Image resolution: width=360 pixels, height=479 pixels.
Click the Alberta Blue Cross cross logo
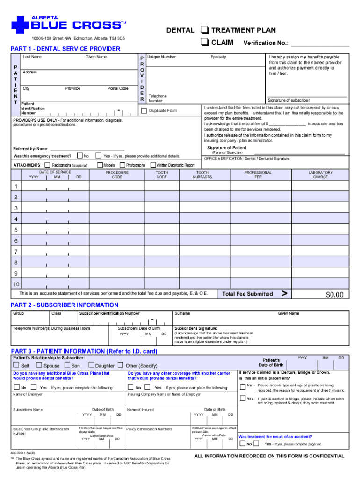pyautogui.click(x=20, y=25)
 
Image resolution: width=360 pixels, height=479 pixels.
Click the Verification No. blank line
pyautogui.click(x=320, y=45)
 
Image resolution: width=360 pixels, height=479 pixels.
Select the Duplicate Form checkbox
pyautogui.click(x=144, y=111)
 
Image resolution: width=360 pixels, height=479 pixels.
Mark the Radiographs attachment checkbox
pyautogui.click(x=47, y=165)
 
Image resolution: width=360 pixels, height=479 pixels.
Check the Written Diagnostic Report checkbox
pyautogui.click(x=152, y=165)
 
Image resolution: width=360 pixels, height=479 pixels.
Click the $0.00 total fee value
pyautogui.click(x=334, y=294)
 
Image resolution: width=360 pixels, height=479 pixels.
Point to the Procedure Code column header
pyautogui.click(x=117, y=174)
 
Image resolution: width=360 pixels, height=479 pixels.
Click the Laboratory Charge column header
pyautogui.click(x=320, y=174)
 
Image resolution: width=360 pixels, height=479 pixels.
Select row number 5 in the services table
pyautogui.click(x=16, y=230)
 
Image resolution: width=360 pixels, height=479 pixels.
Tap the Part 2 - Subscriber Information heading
pyautogui.click(x=65, y=305)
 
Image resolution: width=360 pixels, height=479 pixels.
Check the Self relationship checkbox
pyautogui.click(x=16, y=365)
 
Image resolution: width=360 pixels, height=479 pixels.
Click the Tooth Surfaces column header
pyautogui.click(x=203, y=174)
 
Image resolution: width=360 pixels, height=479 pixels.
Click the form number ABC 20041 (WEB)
pyautogui.click(x=23, y=453)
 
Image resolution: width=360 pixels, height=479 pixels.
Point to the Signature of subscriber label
pyautogui.click(x=288, y=100)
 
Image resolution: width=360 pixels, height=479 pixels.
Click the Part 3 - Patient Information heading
pyautogui.click(x=84, y=351)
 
